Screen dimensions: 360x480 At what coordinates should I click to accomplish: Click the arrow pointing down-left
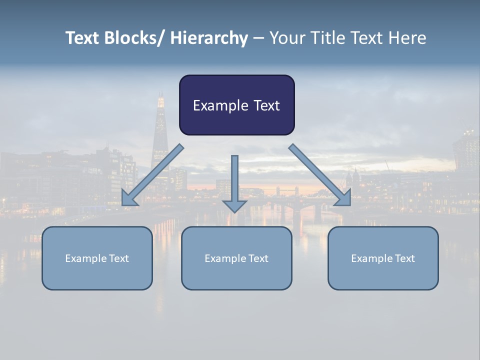tap(155, 172)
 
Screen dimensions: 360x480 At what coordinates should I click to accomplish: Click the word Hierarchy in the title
tap(209, 38)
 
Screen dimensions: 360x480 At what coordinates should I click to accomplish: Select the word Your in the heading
tap(285, 38)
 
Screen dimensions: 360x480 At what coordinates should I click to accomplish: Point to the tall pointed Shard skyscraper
tap(160, 130)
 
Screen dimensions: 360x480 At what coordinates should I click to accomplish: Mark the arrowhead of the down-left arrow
tap(128, 198)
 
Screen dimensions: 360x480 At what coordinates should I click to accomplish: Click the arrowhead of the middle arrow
tap(234, 205)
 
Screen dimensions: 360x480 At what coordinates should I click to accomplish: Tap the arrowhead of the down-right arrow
tap(344, 198)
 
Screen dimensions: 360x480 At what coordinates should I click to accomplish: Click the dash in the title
tap(258, 38)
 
